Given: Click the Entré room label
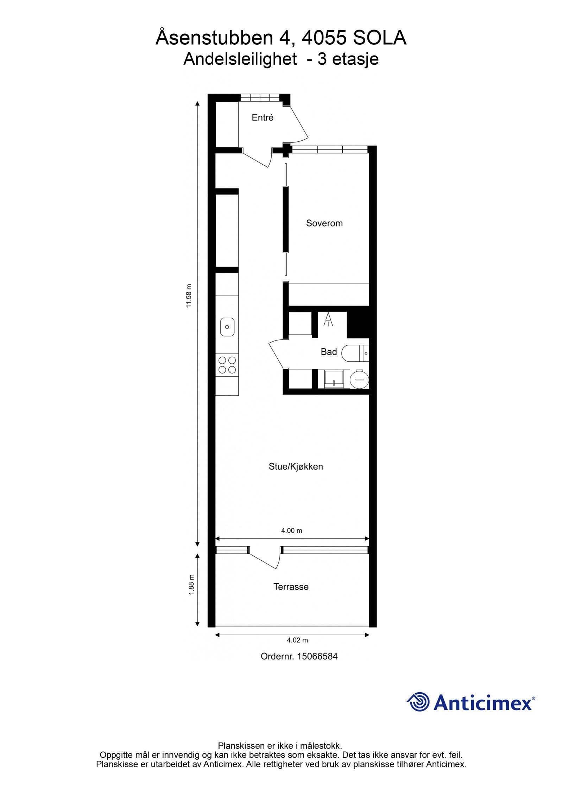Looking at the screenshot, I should tap(262, 117).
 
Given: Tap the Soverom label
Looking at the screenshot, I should tap(324, 223).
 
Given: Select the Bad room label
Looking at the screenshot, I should tap(329, 352).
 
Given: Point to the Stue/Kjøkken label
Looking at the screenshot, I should tap(296, 466).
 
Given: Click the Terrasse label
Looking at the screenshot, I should tap(291, 587).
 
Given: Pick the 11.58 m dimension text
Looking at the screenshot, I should tap(189, 296).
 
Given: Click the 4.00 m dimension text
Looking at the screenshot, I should tap(291, 530).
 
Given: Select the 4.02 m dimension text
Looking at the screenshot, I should tap(297, 640).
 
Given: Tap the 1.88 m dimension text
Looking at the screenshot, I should tap(191, 585).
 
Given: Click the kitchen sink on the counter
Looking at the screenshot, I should tap(227, 327).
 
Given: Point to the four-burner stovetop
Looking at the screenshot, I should tap(227, 365).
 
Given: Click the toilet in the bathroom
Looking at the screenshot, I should tap(353, 353).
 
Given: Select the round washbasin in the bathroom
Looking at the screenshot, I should tap(359, 380).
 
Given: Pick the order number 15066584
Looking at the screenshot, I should tap(317, 656).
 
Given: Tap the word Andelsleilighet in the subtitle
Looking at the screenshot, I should tap(240, 59).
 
